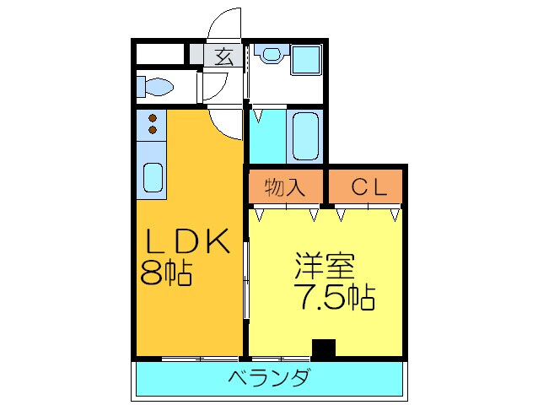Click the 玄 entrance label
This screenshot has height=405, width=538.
click(223, 57)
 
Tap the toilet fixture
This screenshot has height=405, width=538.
click(156, 86)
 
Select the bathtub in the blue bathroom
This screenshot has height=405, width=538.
click(304, 135)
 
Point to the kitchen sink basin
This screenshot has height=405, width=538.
click(153, 178)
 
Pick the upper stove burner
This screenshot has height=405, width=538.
click(153, 118)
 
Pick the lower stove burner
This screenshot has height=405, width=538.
click(153, 131)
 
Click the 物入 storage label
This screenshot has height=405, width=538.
click(285, 187)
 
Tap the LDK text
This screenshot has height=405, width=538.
click(188, 243)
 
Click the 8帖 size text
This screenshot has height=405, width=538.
click(166, 273)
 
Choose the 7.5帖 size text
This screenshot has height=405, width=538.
click(335, 296)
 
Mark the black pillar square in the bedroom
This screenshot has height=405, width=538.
click(323, 348)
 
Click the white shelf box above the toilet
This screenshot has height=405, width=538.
click(160, 52)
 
